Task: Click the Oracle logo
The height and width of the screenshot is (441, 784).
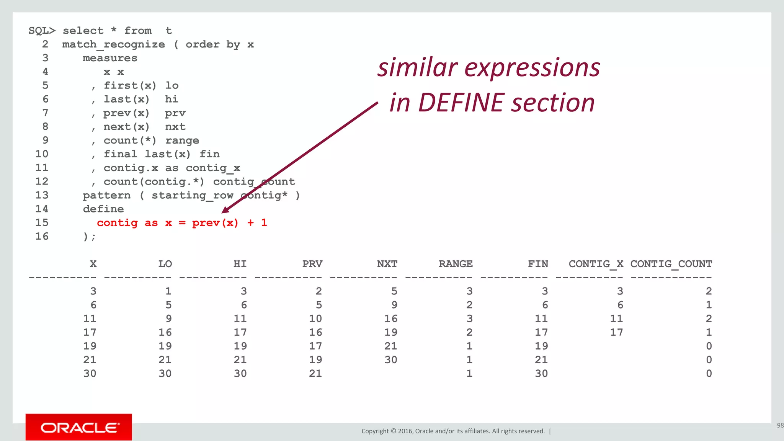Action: tap(79, 427)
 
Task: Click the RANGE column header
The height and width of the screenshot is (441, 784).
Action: tap(456, 264)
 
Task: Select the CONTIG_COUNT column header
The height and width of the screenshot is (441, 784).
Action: tap(671, 264)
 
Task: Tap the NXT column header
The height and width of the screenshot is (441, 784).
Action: tap(387, 264)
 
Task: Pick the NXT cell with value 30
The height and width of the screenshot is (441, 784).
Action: tap(391, 360)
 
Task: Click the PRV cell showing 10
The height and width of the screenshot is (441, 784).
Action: tap(315, 318)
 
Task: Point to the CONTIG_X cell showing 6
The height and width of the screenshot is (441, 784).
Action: tap(620, 305)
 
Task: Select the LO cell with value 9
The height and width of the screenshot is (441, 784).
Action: tap(168, 318)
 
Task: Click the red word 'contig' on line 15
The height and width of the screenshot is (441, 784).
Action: tap(117, 223)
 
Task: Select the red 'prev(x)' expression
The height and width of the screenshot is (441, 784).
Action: tap(215, 223)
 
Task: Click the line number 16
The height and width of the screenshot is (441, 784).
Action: tap(42, 236)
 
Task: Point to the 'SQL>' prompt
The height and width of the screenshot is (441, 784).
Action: tap(42, 31)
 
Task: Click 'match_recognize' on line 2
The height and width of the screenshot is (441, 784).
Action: tap(113, 44)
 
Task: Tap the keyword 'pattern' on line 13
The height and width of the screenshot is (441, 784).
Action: tap(106, 195)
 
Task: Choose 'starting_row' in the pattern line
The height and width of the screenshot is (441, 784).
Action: tap(192, 195)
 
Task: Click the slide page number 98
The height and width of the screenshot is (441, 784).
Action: tap(780, 425)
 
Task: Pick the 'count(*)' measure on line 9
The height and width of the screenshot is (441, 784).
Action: tap(130, 140)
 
